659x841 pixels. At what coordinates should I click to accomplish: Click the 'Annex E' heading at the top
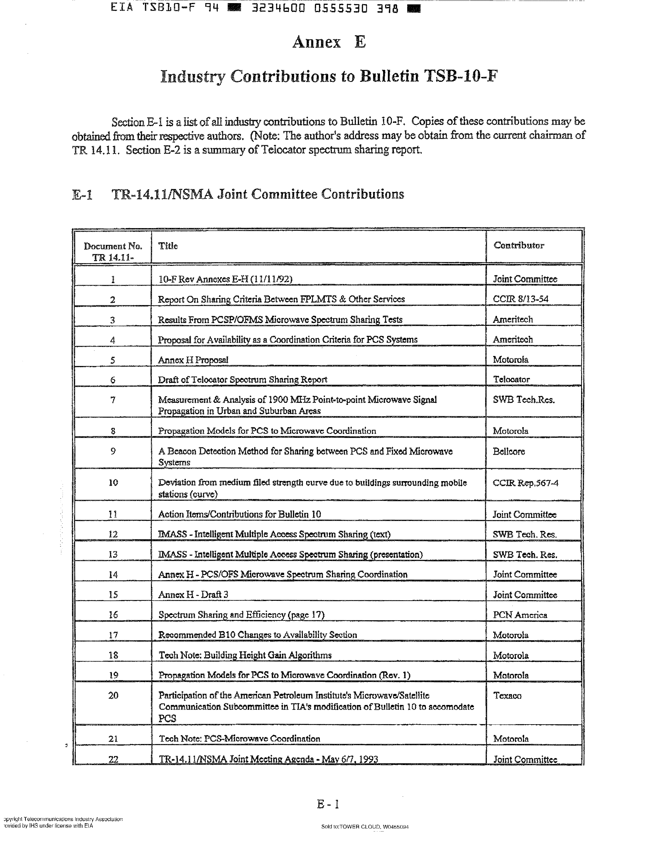[x=329, y=42]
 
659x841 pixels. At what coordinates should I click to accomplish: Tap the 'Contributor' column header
[x=519, y=245]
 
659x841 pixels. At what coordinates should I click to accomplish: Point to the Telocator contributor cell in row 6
[x=511, y=379]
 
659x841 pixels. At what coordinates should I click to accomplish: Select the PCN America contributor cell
[x=520, y=615]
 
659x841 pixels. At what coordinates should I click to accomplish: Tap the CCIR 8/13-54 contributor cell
[x=520, y=299]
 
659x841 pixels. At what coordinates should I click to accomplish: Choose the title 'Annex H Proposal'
[x=193, y=360]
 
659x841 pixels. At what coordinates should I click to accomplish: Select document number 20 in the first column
[x=113, y=695]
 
